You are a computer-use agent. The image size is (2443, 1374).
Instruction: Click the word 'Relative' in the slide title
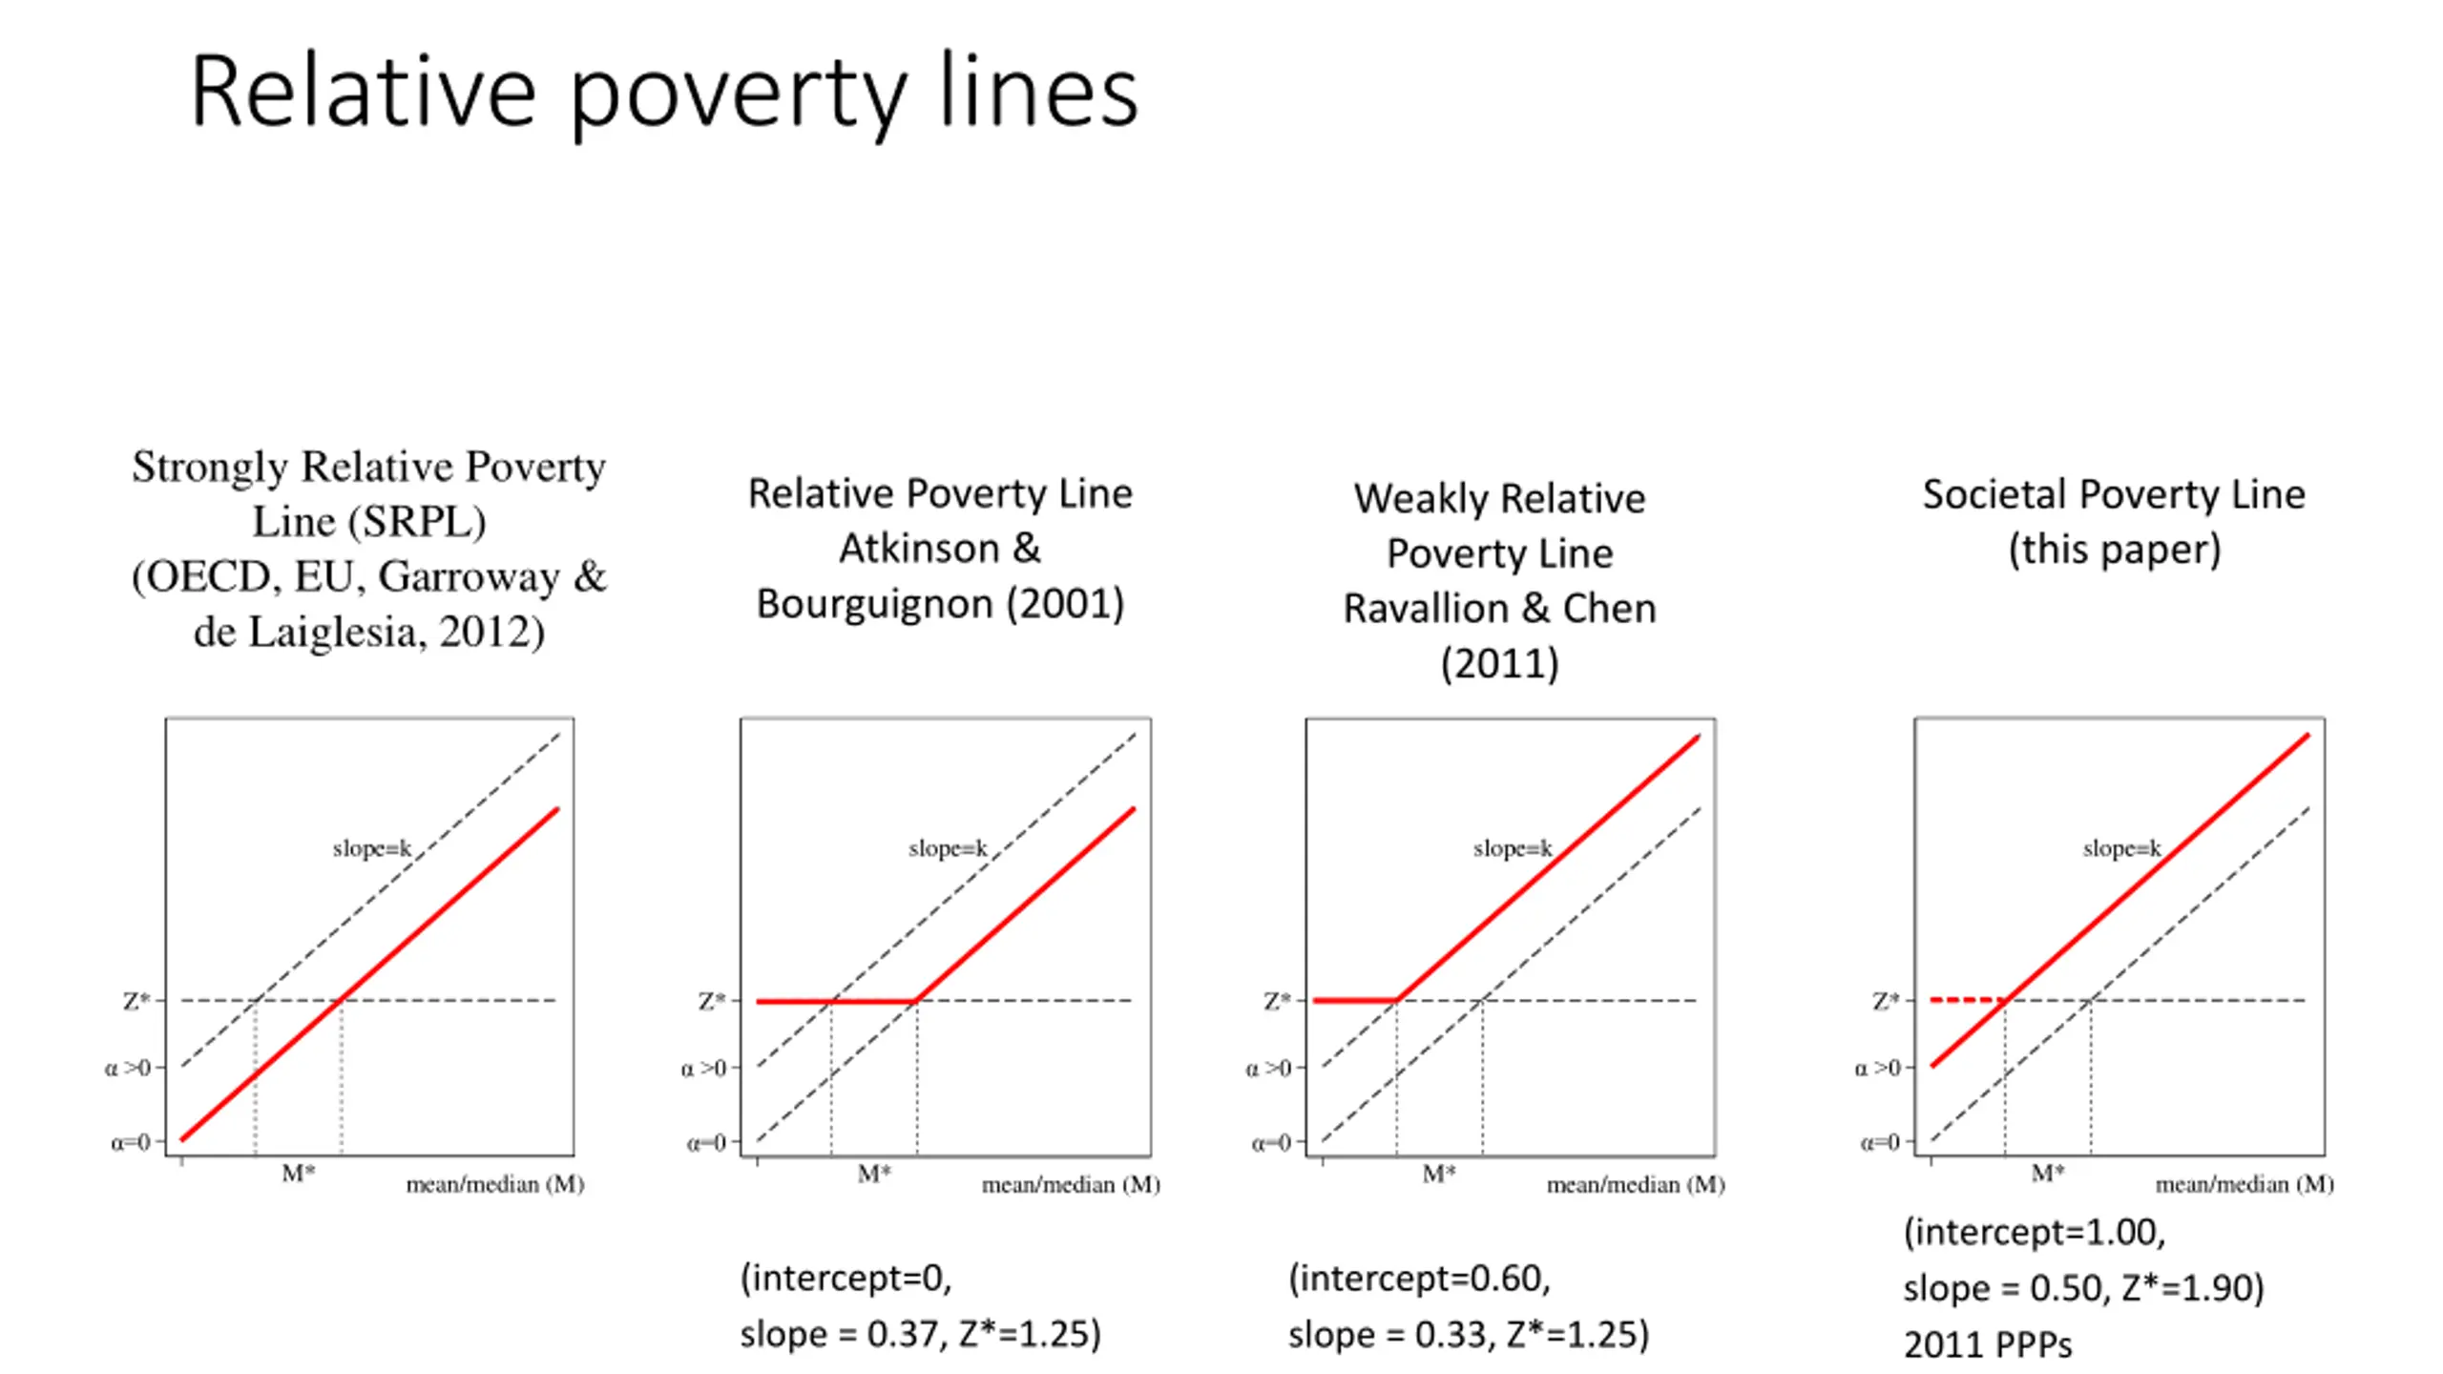click(x=363, y=93)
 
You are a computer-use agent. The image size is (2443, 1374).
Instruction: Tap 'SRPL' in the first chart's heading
click(x=416, y=522)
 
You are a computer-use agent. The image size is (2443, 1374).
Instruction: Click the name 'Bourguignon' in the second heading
click(x=875, y=604)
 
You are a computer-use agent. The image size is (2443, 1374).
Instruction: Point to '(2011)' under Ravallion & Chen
click(x=1499, y=663)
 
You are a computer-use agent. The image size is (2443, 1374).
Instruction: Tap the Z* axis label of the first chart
click(x=136, y=1001)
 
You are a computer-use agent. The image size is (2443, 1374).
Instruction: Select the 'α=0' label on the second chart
click(x=706, y=1142)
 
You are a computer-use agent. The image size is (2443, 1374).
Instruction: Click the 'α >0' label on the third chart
click(x=1268, y=1068)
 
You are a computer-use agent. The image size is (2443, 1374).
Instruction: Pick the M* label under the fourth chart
click(x=2047, y=1173)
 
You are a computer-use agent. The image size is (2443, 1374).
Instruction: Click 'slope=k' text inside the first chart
click(x=371, y=848)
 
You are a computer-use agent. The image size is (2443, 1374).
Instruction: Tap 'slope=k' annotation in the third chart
click(x=1512, y=848)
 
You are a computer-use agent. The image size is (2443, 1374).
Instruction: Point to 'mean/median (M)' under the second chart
click(x=1071, y=1185)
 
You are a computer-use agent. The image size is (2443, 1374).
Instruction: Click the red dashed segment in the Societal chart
click(x=1966, y=1000)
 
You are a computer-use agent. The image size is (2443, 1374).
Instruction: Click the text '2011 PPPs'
click(x=1988, y=1344)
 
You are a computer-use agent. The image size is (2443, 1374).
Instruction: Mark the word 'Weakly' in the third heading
click(x=1423, y=499)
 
